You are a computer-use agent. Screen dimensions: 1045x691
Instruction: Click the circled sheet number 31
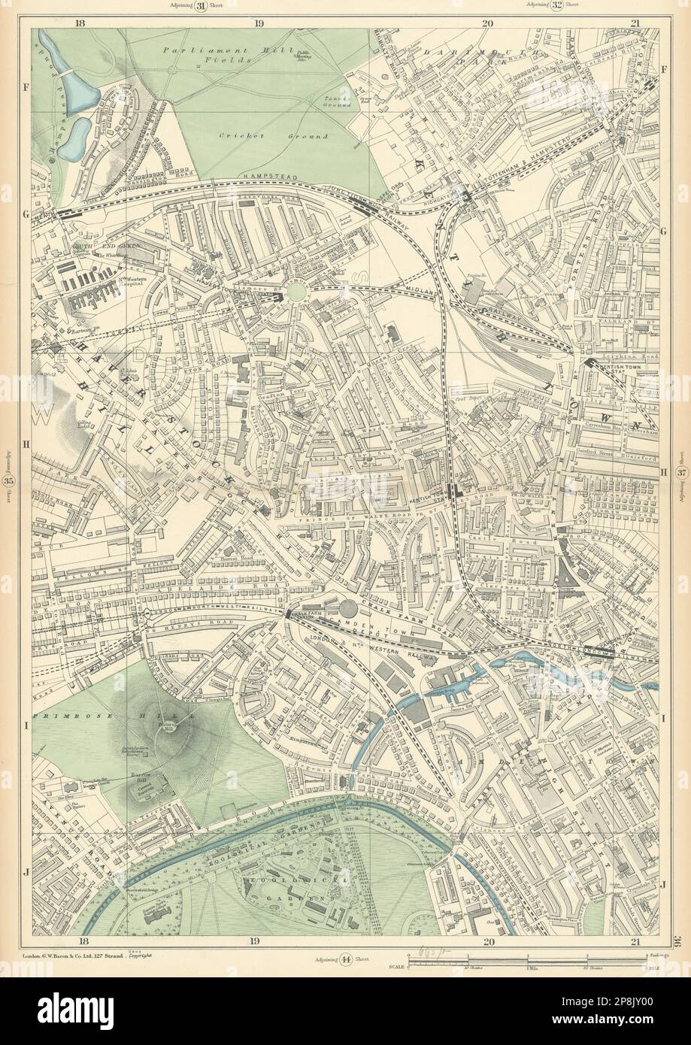pos(202,7)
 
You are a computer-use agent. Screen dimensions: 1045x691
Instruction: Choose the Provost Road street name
pos(242,559)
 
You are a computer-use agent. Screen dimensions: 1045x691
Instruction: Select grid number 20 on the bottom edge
pos(488,941)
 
